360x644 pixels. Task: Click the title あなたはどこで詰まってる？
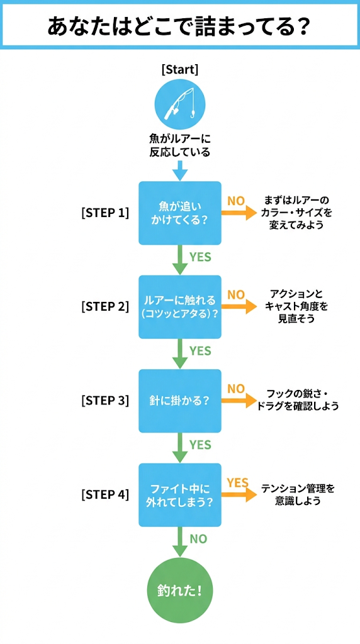179,27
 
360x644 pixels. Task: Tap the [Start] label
180,69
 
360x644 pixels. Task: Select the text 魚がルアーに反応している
180,146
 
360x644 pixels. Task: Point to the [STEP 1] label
105,213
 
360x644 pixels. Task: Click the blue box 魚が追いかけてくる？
180,213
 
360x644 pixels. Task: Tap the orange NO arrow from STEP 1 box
239,213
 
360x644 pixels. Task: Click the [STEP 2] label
105,307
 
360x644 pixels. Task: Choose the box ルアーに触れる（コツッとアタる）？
180,307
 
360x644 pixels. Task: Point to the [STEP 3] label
105,401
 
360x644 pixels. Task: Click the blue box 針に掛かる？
180,401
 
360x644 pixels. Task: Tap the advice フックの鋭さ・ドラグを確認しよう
297,401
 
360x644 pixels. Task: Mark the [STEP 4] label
105,494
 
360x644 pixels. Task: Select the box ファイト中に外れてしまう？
180,494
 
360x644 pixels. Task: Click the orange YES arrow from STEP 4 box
239,494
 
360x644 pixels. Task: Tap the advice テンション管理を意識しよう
298,494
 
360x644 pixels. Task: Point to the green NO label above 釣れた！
199,539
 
